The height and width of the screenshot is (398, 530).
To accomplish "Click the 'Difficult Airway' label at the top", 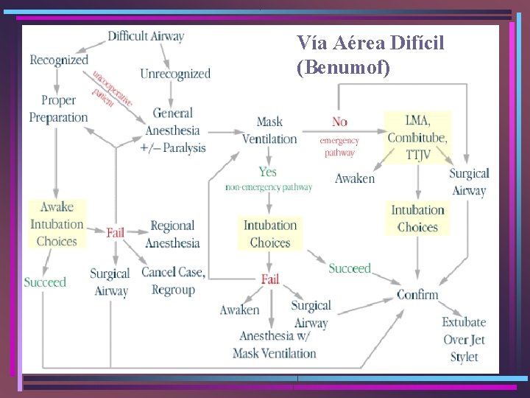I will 146,36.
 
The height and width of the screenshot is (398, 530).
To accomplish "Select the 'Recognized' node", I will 59,60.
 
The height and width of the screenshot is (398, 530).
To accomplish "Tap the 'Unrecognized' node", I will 175,74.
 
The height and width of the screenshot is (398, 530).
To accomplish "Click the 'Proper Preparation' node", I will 58,108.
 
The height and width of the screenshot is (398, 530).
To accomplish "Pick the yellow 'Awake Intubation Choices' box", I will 57,224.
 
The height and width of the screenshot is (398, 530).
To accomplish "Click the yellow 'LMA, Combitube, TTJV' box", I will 417,138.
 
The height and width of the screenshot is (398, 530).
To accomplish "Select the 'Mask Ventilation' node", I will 269,130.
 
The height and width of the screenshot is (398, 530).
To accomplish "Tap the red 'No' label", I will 339,122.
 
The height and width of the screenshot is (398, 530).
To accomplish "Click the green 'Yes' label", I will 268,172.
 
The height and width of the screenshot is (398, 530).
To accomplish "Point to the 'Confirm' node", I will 417,295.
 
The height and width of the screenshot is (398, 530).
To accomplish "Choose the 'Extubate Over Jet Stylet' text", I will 464,340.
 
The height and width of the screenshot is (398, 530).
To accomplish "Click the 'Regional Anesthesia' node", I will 172,234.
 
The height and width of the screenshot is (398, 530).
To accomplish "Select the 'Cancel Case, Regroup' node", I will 173,281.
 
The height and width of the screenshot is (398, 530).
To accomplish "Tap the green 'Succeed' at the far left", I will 45,282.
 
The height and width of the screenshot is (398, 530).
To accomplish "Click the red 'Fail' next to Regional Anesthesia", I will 116,232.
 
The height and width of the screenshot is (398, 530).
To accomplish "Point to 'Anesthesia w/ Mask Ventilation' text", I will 275,344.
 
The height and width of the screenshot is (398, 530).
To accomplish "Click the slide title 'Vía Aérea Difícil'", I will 370,43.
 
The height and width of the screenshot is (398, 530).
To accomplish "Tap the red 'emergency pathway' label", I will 339,147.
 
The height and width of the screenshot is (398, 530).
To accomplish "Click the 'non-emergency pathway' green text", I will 269,188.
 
